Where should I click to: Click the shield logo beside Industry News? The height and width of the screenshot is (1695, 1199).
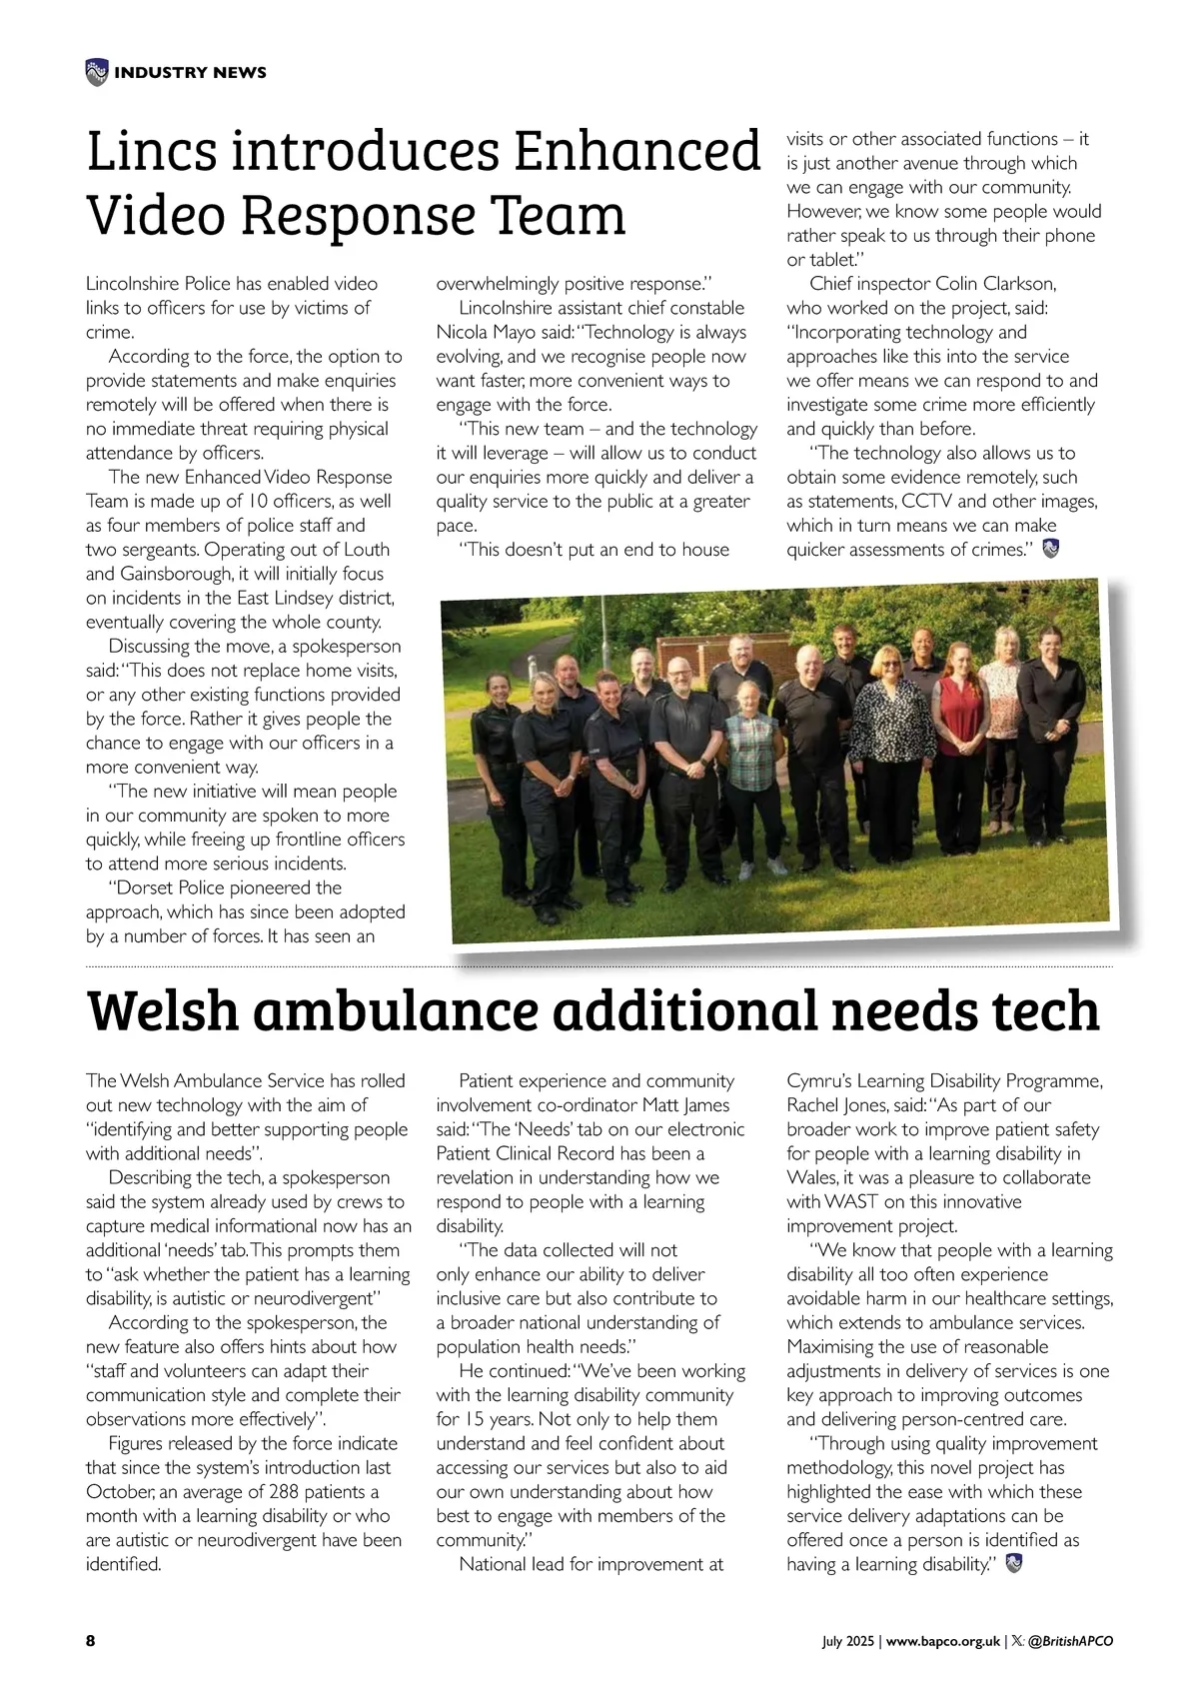tap(96, 72)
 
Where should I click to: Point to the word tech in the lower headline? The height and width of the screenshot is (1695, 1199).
tap(1045, 1010)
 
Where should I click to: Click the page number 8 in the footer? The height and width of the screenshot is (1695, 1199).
tap(91, 1641)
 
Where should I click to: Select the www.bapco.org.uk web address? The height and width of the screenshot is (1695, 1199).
tap(943, 1641)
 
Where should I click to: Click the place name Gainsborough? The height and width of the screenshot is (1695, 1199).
tap(175, 574)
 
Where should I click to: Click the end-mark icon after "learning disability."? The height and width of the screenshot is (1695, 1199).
tap(1014, 1564)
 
